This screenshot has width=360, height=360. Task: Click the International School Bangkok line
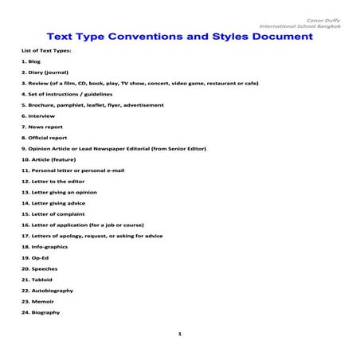[x=307, y=28]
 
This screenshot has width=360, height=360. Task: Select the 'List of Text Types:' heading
[x=46, y=50]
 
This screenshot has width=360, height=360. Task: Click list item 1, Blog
[x=31, y=61]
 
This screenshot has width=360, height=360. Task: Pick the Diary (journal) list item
[x=46, y=72]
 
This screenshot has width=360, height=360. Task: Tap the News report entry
[x=43, y=127]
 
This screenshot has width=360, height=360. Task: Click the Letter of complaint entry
[x=57, y=214]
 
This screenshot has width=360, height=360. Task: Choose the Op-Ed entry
[x=35, y=258]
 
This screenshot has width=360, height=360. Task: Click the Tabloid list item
[x=39, y=280]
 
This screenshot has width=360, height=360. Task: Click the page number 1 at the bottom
[x=180, y=334]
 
